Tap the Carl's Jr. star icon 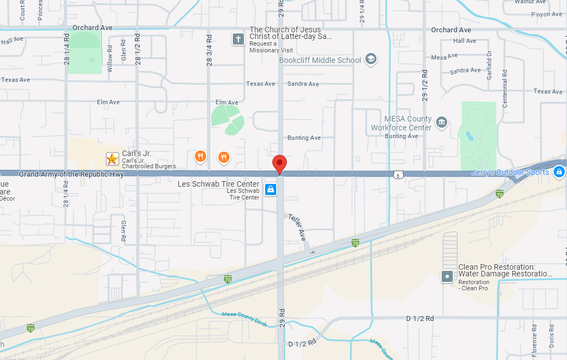(x=113, y=159)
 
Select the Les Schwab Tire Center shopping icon (x=271, y=189)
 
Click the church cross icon (x=238, y=39)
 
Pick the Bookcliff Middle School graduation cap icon (x=371, y=60)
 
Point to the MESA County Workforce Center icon (x=442, y=122)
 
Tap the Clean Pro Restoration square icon (x=447, y=276)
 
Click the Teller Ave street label (x=297, y=224)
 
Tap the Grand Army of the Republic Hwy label (x=71, y=174)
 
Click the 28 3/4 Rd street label (x=209, y=51)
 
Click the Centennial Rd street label (x=505, y=80)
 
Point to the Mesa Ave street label (x=444, y=57)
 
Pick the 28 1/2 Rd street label (x=138, y=49)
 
